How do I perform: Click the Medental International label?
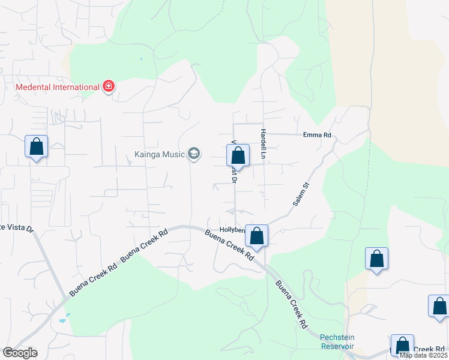(x=57, y=87)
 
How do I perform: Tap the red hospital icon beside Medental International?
(x=109, y=87)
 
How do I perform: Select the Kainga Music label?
(x=159, y=154)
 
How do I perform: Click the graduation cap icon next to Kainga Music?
(x=193, y=154)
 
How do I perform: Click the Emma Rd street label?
(x=317, y=136)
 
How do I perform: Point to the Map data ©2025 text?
(x=423, y=355)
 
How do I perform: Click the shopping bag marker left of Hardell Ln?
(x=238, y=156)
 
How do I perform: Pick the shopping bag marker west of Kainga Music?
(x=36, y=147)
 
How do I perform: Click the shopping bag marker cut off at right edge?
(x=439, y=306)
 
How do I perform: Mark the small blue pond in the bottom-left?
(x=64, y=318)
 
